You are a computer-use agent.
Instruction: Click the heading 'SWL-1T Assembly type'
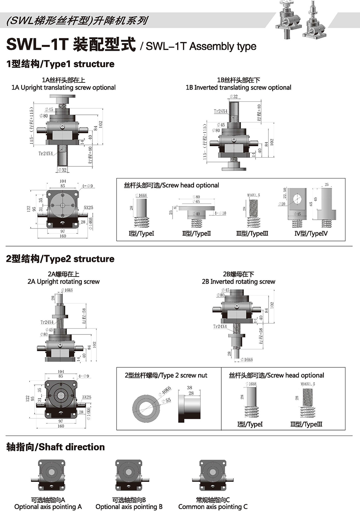pos(201,46)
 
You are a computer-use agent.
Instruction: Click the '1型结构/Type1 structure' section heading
pos(60,64)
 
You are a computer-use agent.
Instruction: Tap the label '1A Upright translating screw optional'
pos(63,87)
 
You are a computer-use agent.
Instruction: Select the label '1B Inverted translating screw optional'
pos(238,87)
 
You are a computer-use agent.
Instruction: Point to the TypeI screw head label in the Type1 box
pos(141,234)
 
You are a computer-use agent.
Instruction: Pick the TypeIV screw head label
pos(311,234)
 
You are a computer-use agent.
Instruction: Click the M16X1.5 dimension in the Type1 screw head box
pos(254,195)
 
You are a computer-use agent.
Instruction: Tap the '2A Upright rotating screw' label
pos(63,281)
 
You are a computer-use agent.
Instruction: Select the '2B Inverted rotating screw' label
pos(238,281)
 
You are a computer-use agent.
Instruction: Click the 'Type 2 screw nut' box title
pos(166,375)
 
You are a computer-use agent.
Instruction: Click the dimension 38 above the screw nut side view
pos(189,387)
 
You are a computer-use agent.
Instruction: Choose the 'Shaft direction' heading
pos(56,447)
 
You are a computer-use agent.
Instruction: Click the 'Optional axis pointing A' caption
pos(48,507)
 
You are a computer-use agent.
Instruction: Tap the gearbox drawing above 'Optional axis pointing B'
pos(129,475)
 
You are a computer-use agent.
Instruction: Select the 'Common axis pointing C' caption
pos(213,507)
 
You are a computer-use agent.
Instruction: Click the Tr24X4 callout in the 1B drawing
pos(220,111)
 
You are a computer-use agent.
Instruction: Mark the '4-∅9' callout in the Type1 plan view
pos(87,186)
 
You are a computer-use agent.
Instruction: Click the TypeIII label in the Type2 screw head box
pos(306,424)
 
